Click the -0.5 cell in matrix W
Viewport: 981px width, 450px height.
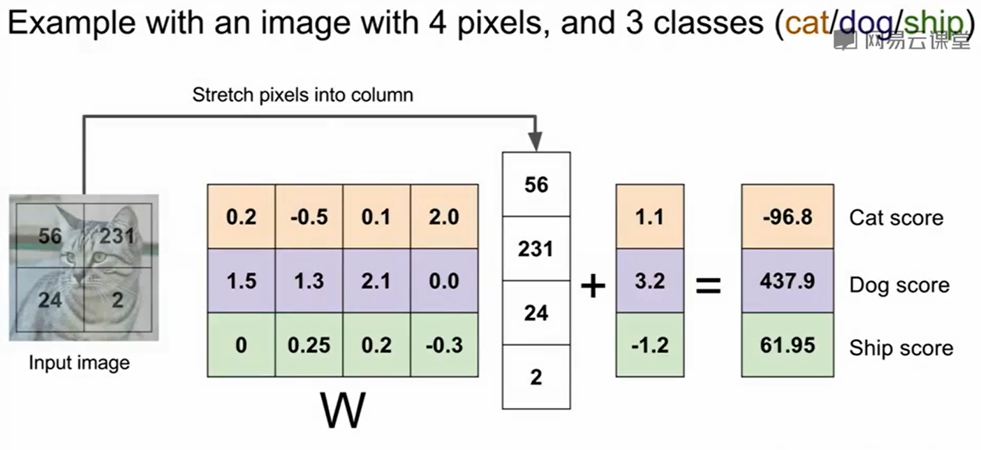pos(309,217)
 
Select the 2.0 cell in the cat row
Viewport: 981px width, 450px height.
pos(444,217)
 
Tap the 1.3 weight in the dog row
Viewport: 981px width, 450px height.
pos(309,281)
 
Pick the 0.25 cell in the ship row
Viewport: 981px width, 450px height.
pos(309,345)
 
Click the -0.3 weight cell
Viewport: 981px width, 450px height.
pos(444,345)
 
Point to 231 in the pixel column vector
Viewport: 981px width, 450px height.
pos(536,249)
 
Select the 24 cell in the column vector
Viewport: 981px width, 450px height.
pos(536,313)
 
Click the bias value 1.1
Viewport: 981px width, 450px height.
pos(649,217)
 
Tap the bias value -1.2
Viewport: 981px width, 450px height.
pos(649,345)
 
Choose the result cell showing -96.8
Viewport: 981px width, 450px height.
pos(787,217)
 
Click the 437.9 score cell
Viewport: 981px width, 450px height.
pos(787,281)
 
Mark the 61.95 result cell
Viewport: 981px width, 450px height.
pos(787,345)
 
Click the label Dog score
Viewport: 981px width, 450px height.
pos(899,285)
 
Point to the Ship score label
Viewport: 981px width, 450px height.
pos(901,348)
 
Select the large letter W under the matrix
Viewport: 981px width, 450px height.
pos(343,412)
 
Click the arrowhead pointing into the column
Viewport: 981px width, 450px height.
pos(536,144)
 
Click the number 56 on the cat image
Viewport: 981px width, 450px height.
pos(50,236)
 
